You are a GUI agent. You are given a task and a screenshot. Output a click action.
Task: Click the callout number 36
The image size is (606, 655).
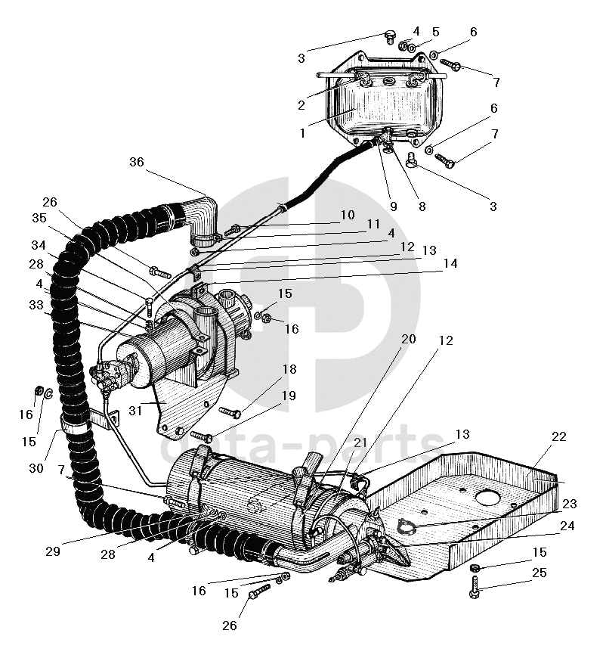pos(137,162)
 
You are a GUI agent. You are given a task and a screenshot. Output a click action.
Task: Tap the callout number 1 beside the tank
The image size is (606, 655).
pos(302,133)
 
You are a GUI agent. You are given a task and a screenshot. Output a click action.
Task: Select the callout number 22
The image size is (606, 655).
pos(559,436)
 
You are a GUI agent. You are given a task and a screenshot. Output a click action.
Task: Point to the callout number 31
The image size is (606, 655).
pos(135,411)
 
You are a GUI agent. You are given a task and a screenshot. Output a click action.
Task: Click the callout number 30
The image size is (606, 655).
pos(36,468)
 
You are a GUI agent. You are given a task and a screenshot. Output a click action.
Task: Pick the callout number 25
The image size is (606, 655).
pos(540,573)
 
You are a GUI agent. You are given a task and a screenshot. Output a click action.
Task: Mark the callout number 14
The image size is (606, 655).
pos(450,263)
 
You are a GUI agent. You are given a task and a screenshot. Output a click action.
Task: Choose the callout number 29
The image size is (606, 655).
pos(53,551)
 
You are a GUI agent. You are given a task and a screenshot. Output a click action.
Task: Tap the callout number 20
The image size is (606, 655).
pos(409,339)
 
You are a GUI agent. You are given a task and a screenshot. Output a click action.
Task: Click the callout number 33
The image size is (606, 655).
pos(36,305)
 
